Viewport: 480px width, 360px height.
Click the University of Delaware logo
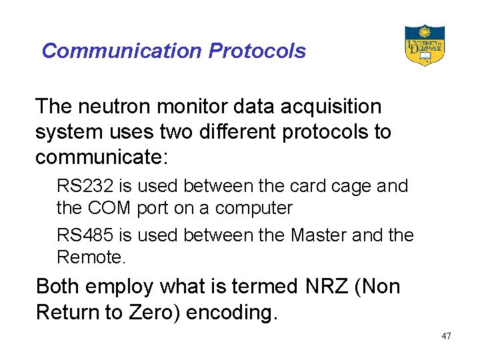click(x=424, y=45)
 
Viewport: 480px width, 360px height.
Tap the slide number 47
click(x=446, y=336)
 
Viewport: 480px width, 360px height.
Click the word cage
click(x=351, y=186)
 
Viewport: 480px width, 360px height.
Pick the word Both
click(x=61, y=287)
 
